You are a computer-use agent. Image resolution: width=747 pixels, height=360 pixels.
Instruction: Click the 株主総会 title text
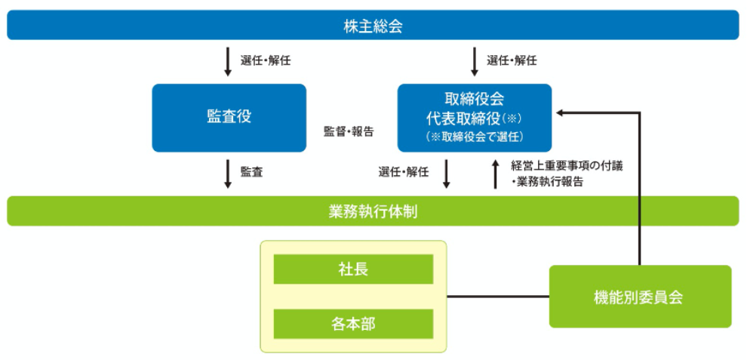[373, 26]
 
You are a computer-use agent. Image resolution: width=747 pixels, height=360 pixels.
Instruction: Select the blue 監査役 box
[229, 118]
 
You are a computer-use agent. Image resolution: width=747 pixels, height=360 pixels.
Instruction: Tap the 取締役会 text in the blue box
[474, 99]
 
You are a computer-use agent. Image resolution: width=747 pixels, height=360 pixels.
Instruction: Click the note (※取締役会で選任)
[475, 137]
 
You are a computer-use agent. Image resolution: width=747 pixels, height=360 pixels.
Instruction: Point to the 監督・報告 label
[349, 132]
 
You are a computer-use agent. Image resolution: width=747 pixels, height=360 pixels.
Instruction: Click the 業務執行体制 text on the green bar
[373, 211]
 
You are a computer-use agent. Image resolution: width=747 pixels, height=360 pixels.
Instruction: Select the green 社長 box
[353, 269]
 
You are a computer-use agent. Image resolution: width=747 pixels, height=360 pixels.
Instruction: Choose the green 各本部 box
[353, 324]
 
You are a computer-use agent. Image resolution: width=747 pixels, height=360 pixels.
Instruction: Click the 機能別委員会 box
[640, 297]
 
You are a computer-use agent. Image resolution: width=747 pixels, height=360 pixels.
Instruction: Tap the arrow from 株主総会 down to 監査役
[228, 62]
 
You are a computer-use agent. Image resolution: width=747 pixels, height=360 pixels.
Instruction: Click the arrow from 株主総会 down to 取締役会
[474, 62]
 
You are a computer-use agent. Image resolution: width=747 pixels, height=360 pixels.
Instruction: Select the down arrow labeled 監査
[228, 174]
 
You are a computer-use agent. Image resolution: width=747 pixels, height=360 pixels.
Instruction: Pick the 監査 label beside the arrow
[251, 173]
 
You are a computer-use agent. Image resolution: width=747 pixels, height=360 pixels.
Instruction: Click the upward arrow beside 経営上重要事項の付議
[496, 174]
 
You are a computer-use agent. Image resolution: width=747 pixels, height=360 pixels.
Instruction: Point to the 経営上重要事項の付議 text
[567, 166]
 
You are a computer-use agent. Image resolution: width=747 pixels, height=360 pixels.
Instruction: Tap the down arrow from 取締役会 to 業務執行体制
[447, 174]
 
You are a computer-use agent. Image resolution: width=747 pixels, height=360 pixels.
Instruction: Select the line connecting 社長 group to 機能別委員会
[498, 297]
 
